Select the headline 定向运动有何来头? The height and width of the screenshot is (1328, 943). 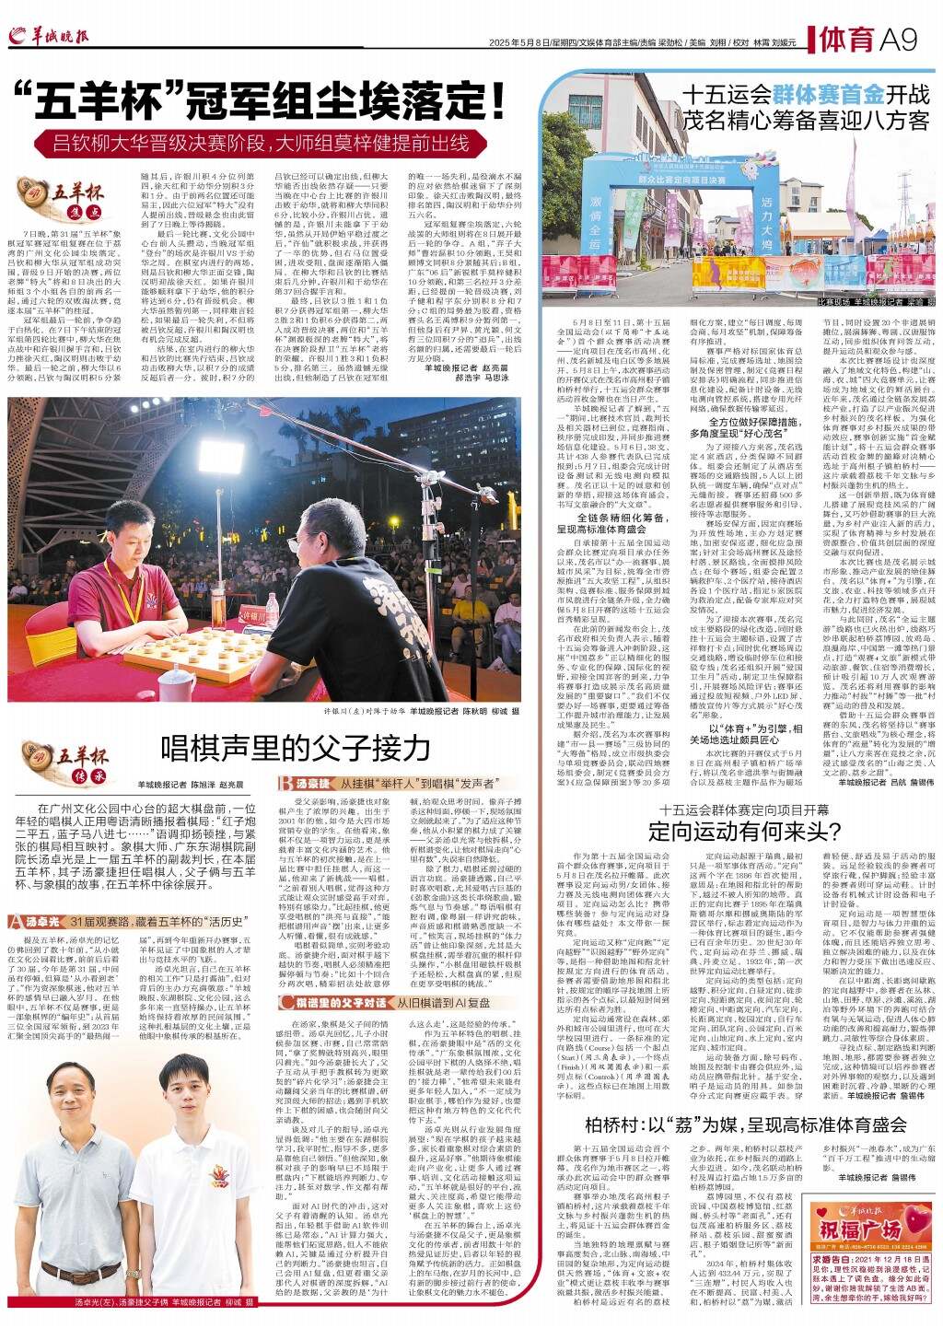(x=738, y=833)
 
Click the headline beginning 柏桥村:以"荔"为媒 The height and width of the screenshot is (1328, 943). (x=738, y=1124)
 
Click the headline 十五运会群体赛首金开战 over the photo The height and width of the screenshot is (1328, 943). (x=804, y=93)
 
